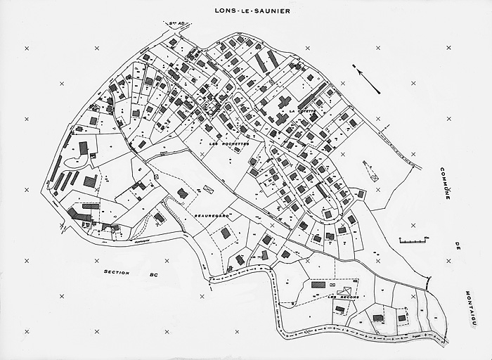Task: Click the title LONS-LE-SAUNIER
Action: tap(245, 12)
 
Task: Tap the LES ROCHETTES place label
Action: tap(229, 143)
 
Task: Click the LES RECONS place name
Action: tap(344, 298)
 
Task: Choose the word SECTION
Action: tap(117, 271)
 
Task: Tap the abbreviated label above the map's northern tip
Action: tap(175, 24)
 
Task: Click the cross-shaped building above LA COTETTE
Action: tap(284, 102)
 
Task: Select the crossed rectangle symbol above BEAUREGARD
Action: tap(207, 188)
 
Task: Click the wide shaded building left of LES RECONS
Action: tap(318, 285)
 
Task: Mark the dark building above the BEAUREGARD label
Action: tap(183, 193)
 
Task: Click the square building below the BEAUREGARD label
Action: tap(226, 233)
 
